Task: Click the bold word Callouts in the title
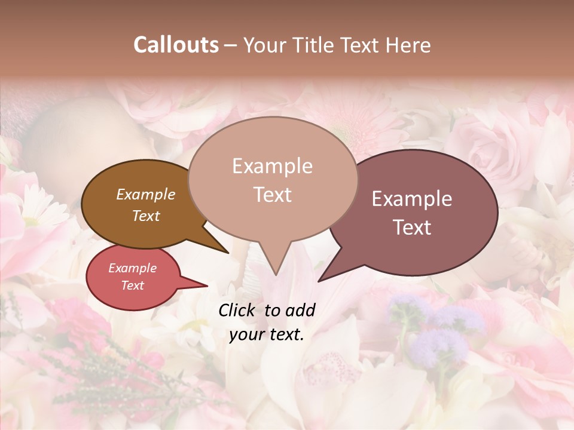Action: (x=176, y=45)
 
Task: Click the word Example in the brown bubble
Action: (x=145, y=195)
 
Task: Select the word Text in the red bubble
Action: (x=132, y=285)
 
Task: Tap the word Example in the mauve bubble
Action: (x=412, y=199)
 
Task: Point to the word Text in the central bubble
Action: (x=272, y=195)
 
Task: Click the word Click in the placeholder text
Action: (x=239, y=310)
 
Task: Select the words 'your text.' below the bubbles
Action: (x=266, y=335)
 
